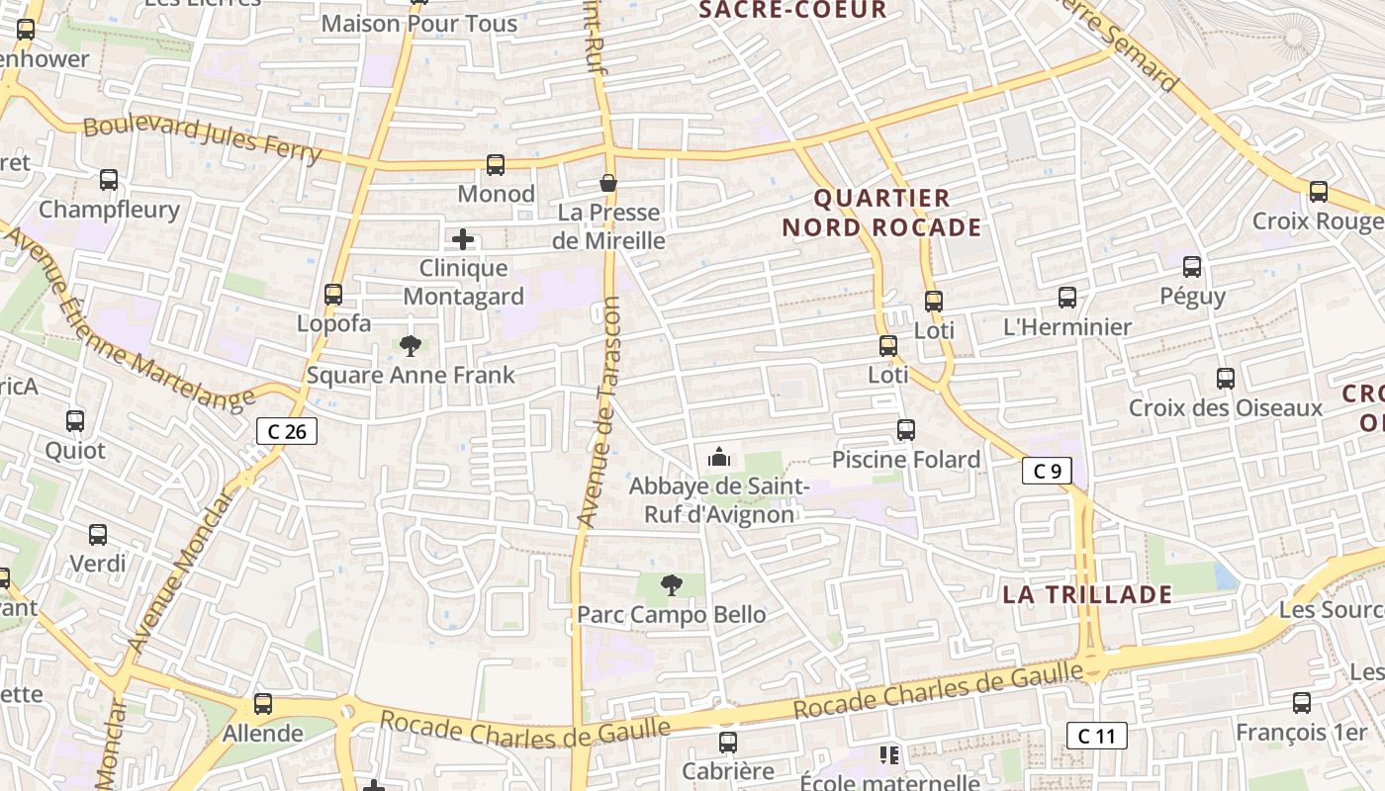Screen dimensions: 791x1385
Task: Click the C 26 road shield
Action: (287, 431)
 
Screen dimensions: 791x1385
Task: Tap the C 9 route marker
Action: (1047, 472)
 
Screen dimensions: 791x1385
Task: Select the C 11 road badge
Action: (1096, 736)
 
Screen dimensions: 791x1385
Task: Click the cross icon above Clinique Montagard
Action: (463, 239)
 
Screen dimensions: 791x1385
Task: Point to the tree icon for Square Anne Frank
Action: (411, 346)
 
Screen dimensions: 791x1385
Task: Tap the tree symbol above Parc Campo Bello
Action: (672, 585)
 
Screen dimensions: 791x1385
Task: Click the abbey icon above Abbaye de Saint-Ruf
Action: (719, 457)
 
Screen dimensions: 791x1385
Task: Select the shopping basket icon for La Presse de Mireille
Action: (608, 183)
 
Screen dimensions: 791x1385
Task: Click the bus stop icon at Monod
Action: (496, 165)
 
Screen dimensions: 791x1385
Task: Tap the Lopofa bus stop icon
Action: (333, 295)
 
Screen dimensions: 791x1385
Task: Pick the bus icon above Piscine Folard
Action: (906, 430)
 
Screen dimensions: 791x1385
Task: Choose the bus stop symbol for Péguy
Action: (1192, 267)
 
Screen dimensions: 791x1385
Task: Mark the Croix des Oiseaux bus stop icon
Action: (1226, 379)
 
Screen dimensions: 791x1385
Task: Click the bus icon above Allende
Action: (263, 704)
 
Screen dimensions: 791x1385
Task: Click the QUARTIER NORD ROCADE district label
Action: (881, 213)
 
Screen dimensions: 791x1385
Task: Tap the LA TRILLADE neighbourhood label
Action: (1087, 594)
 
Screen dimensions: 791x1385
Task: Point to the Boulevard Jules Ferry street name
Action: (202, 139)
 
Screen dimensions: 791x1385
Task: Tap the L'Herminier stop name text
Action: (1067, 327)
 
